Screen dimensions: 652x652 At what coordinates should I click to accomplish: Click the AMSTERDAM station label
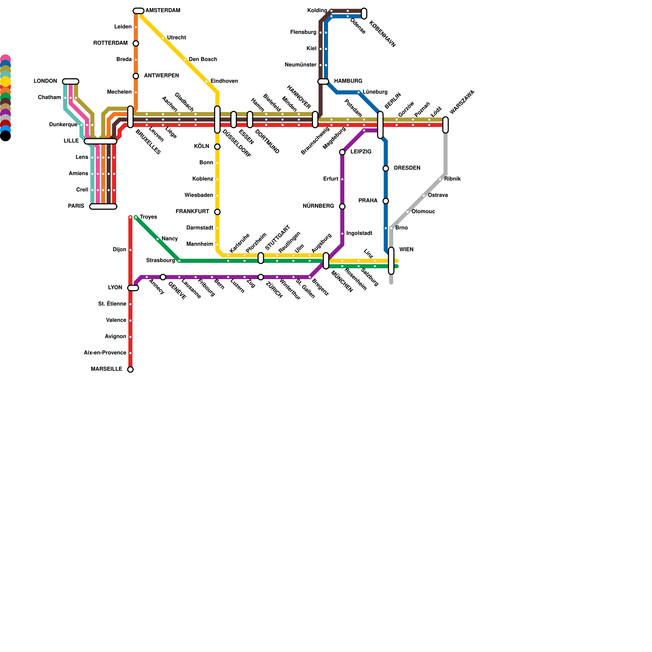coord(163,11)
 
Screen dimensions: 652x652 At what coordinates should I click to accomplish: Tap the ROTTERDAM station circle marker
coord(136,44)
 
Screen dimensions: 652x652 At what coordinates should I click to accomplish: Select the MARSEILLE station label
coord(106,369)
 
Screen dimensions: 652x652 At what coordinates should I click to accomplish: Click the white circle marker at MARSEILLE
coord(130,370)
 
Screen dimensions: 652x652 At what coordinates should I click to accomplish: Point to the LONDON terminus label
coord(45,81)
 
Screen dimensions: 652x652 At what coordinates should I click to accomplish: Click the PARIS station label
coord(76,206)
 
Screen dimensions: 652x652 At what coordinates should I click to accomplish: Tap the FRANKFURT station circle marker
coord(217,212)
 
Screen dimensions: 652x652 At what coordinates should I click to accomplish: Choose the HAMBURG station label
coord(348,81)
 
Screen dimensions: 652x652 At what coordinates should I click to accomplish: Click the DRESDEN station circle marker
coord(385,168)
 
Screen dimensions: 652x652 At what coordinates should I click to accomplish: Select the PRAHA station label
coord(368,200)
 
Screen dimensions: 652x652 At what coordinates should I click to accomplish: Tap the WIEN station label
coord(406,249)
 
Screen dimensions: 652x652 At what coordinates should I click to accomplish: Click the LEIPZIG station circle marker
coord(342,152)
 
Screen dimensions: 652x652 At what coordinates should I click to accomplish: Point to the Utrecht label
coord(176,38)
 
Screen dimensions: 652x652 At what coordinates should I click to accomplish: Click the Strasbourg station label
coord(161,260)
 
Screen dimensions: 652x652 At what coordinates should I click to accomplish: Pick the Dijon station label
coord(119,250)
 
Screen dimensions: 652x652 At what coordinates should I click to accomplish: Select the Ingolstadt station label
coord(359,233)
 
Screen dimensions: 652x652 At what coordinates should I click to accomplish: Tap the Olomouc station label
coord(423,211)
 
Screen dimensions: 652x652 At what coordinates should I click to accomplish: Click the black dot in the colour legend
coord(5,136)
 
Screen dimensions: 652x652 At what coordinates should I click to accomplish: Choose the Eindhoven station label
coord(224,81)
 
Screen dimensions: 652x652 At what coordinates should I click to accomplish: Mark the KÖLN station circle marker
coord(217,147)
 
